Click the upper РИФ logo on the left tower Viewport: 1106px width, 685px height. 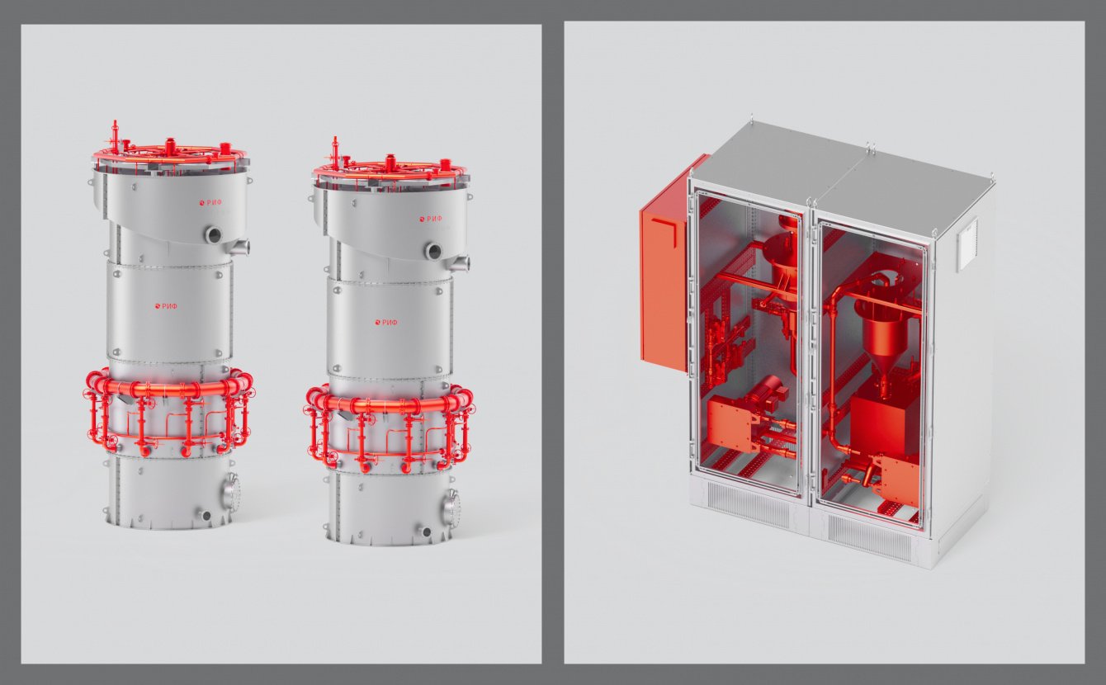210,202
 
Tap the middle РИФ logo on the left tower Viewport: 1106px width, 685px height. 165,306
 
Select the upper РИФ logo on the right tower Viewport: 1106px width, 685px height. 431,219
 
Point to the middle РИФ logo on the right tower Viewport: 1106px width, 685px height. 386,323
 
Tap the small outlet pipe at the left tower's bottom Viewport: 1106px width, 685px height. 205,516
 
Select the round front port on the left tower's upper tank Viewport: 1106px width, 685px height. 214,234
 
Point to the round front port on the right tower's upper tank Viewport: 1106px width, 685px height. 434,251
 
